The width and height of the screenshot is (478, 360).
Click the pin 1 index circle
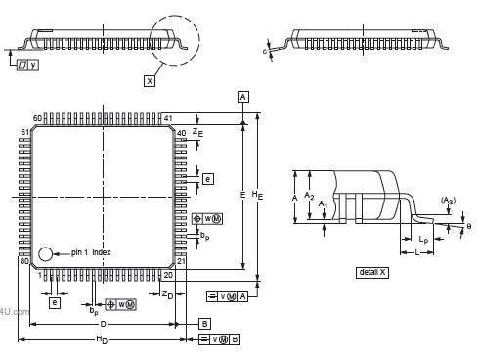tap(46, 254)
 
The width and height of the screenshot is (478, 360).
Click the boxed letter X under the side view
tap(150, 81)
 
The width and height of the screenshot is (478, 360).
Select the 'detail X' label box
tap(372, 272)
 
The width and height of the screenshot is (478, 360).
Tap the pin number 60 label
tap(38, 118)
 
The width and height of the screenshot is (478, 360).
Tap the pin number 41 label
tap(168, 118)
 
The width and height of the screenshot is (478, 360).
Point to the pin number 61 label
tap(25, 132)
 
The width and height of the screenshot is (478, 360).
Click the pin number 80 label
tap(24, 261)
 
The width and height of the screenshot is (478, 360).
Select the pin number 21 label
tap(182, 261)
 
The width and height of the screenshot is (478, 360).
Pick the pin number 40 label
tap(182, 133)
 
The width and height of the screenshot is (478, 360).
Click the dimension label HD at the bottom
tap(101, 339)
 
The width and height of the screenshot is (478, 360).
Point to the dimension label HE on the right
tap(257, 195)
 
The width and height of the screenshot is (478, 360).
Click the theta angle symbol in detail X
tap(468, 226)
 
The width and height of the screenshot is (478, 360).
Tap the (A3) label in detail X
tap(448, 201)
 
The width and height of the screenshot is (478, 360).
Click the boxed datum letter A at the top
tap(242, 96)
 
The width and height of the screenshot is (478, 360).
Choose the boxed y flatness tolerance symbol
tap(27, 65)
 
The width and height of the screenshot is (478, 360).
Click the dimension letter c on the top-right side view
tap(265, 51)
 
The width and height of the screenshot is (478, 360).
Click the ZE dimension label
tap(196, 131)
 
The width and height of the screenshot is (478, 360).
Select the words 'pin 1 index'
tap(91, 252)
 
